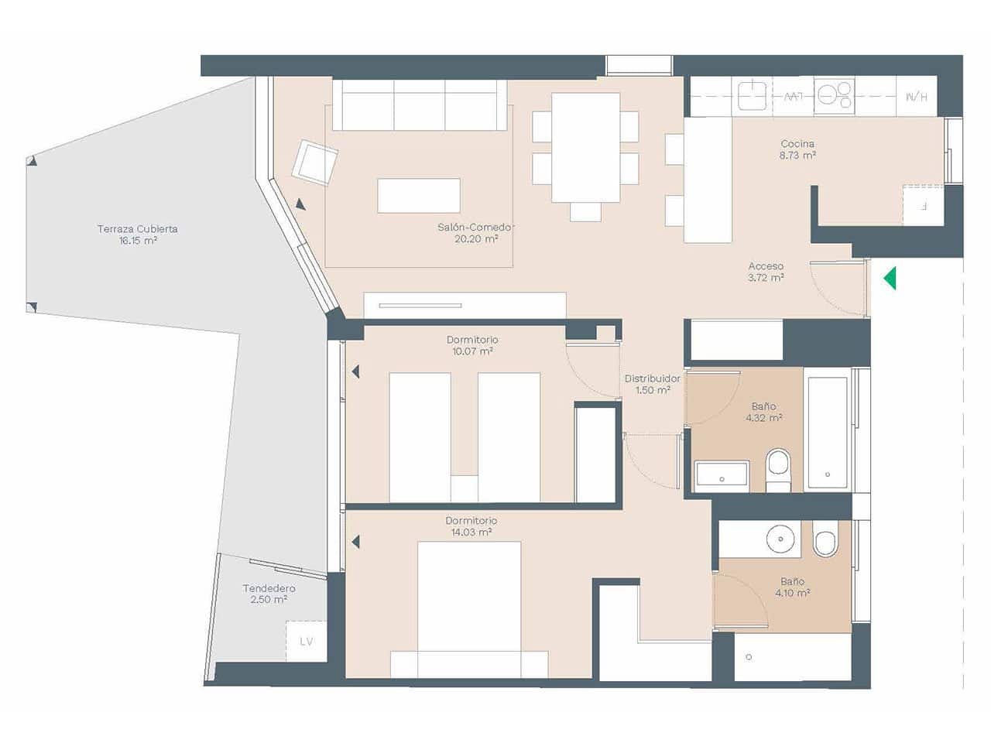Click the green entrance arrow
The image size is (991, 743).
click(x=890, y=278)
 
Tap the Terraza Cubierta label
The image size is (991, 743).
click(x=137, y=235)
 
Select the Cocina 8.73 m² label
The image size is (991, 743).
click(x=797, y=149)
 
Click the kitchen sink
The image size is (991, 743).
click(x=751, y=96)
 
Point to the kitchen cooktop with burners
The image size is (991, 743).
click(x=834, y=96)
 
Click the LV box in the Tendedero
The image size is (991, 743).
click(x=307, y=641)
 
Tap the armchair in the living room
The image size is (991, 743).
click(x=315, y=163)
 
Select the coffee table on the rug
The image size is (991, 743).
click(x=418, y=196)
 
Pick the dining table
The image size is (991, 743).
click(x=585, y=147)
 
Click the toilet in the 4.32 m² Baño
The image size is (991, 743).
click(x=778, y=471)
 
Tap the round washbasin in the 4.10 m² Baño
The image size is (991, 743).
click(x=782, y=538)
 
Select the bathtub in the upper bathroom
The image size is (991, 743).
click(x=827, y=432)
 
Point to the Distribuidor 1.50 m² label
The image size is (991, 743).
click(x=653, y=384)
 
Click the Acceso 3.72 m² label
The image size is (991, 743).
click(x=766, y=272)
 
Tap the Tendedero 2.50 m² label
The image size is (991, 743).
click(x=269, y=594)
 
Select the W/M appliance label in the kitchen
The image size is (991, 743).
click(x=916, y=97)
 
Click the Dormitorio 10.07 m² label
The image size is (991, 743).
click(x=472, y=345)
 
